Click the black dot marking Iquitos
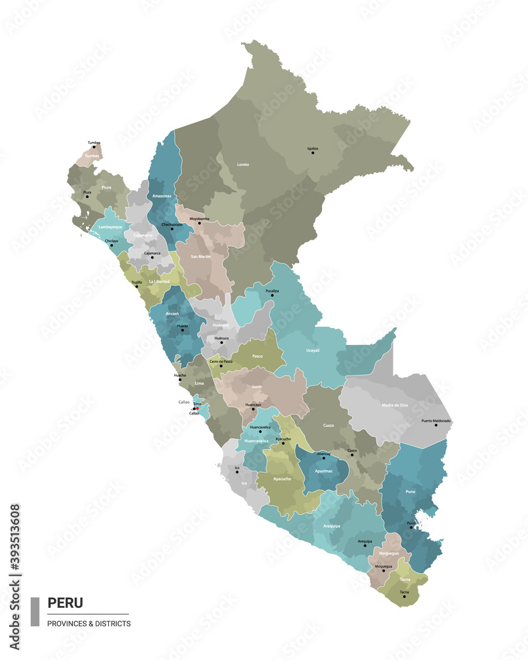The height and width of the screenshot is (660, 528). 313,153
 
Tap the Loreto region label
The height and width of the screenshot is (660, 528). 243,164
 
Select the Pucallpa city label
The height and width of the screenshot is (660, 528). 272,290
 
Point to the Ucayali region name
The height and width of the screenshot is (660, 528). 313,350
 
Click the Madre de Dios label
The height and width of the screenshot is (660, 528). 395,405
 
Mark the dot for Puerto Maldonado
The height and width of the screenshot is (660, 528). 436,425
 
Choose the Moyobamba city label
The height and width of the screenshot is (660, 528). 199,218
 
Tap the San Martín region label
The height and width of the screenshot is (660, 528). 201,256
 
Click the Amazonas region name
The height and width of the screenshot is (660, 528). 162,196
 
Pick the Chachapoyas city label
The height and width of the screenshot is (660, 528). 171,224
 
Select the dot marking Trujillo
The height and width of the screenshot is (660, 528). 137,286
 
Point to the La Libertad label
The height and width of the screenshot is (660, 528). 159,282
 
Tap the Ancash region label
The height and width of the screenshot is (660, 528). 173,313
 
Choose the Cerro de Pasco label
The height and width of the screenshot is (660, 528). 221,362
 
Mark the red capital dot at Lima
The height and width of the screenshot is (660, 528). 197,409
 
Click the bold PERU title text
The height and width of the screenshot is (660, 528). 65,603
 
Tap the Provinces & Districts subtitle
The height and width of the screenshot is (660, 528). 89,624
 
